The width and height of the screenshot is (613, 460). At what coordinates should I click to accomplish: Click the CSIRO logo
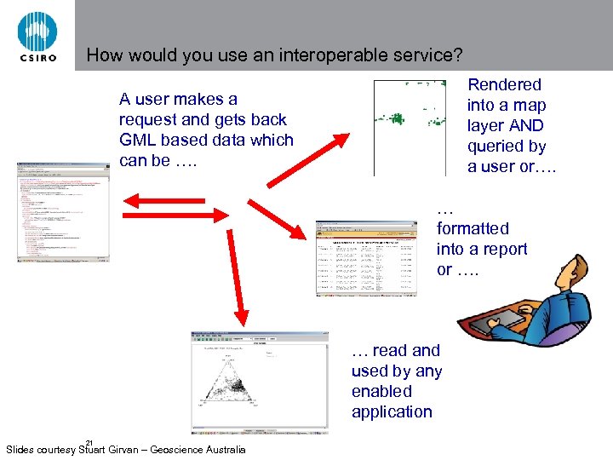click(x=37, y=36)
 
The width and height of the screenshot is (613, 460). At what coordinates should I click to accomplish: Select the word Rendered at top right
click(x=504, y=84)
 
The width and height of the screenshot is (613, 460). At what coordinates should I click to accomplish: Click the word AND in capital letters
click(x=527, y=126)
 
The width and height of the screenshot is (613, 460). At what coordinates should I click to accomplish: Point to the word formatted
click(x=473, y=228)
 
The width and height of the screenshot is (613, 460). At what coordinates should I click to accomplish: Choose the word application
click(x=392, y=412)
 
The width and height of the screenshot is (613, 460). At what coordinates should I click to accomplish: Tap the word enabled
click(x=381, y=392)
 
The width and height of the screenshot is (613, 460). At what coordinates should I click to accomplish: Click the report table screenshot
click(x=365, y=258)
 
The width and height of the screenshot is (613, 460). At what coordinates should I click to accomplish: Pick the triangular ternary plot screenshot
click(x=259, y=382)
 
